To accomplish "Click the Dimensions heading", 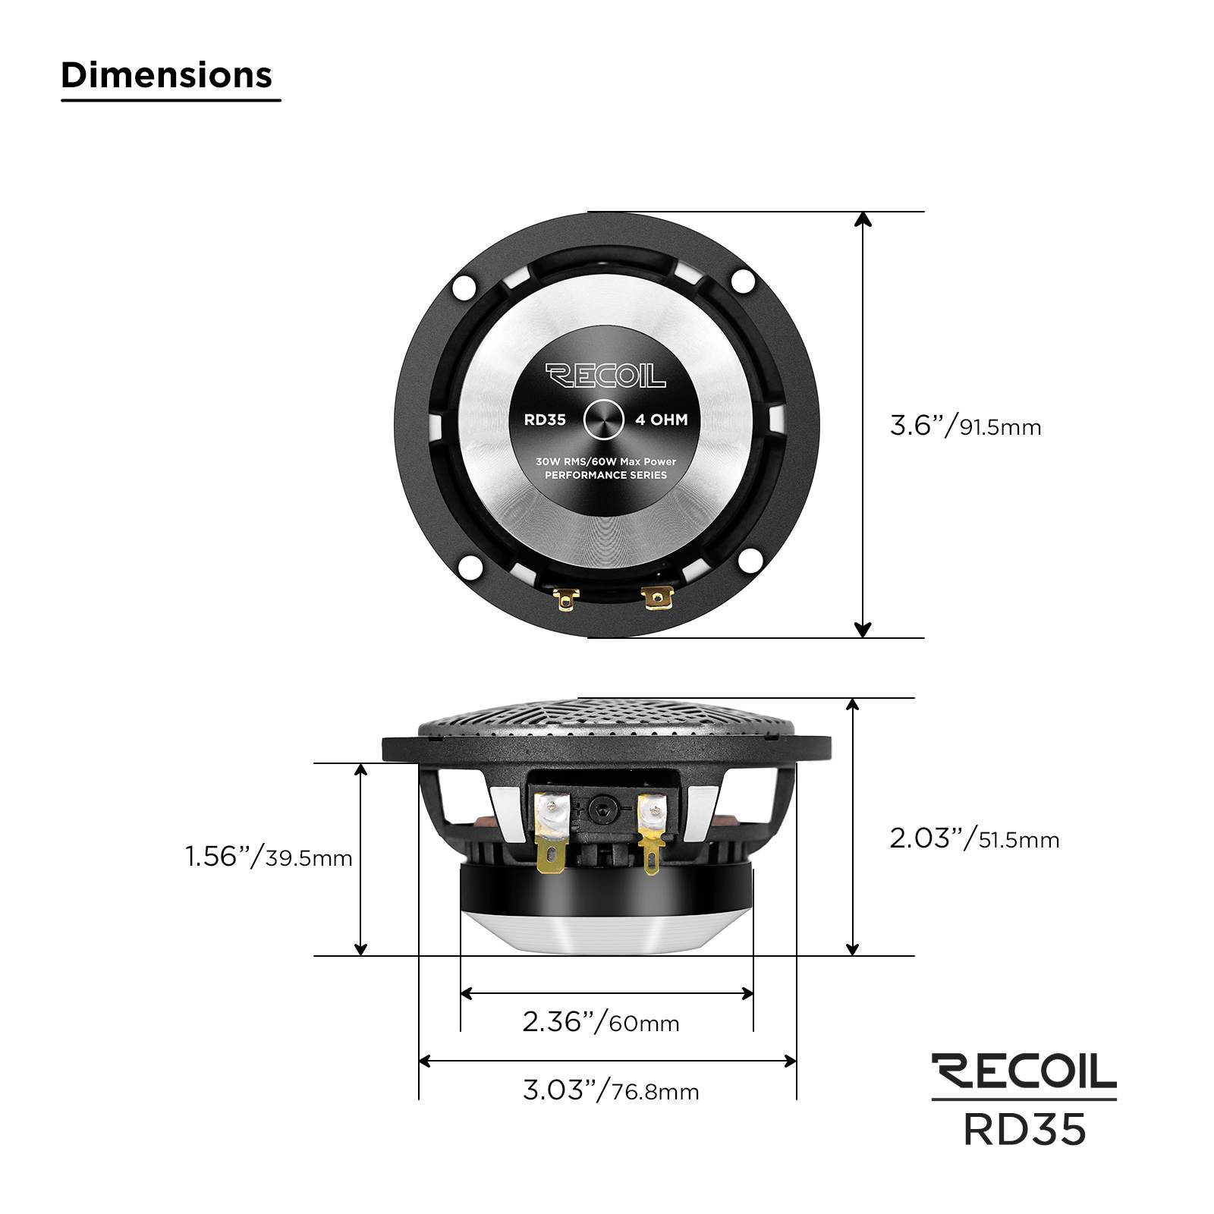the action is pyautogui.click(x=166, y=75).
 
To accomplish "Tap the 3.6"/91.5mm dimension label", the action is pyautogui.click(x=965, y=426).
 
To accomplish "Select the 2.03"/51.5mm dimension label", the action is pyautogui.click(x=974, y=838).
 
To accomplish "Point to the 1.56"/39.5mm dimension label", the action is pyautogui.click(x=269, y=857).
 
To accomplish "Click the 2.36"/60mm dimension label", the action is pyautogui.click(x=600, y=1022).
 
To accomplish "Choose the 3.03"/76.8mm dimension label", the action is pyautogui.click(x=611, y=1090).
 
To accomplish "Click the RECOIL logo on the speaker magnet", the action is pyautogui.click(x=605, y=375).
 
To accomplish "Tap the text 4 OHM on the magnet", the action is pyautogui.click(x=662, y=420).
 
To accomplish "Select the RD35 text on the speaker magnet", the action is pyautogui.click(x=545, y=420).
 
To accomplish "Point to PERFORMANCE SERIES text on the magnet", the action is pyautogui.click(x=605, y=475).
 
